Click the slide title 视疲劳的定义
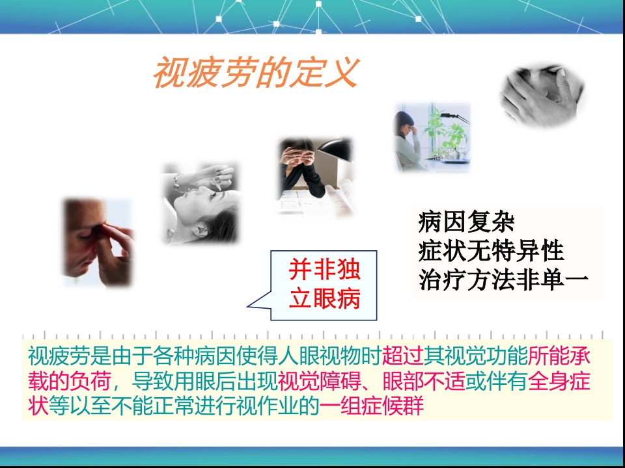click(255, 73)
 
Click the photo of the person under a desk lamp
click(316, 175)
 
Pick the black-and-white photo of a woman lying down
click(200, 203)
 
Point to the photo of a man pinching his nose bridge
click(98, 242)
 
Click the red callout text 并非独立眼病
click(324, 285)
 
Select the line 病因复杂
click(466, 223)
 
